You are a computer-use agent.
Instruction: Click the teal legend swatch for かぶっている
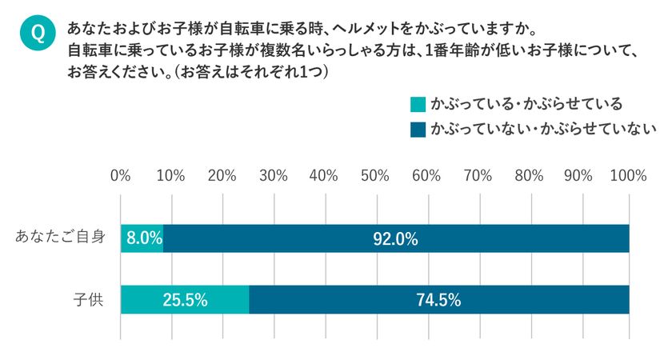pos(417,105)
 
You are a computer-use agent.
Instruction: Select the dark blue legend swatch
pos(417,128)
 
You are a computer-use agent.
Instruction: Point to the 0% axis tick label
pos(120,175)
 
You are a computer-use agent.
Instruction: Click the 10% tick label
pos(171,175)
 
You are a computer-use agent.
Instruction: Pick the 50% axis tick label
pos(375,175)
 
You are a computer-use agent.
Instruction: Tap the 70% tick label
pos(478,175)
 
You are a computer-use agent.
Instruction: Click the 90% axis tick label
pos(579,175)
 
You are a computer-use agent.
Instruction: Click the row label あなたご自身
pos(61,238)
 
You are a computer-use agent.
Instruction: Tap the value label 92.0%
pos(395,238)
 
